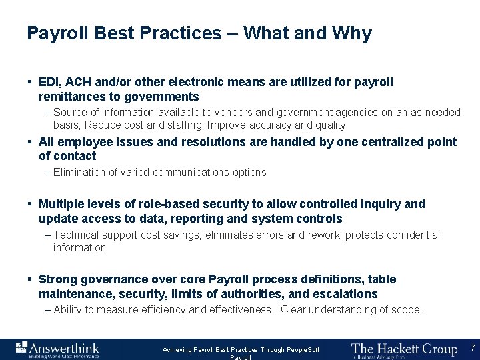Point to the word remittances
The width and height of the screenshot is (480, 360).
point(71,97)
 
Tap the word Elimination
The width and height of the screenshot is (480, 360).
point(81,172)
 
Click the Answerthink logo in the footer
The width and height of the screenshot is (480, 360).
point(58,349)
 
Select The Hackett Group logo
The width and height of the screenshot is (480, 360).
point(404,349)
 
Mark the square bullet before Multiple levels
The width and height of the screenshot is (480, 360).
point(30,204)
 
